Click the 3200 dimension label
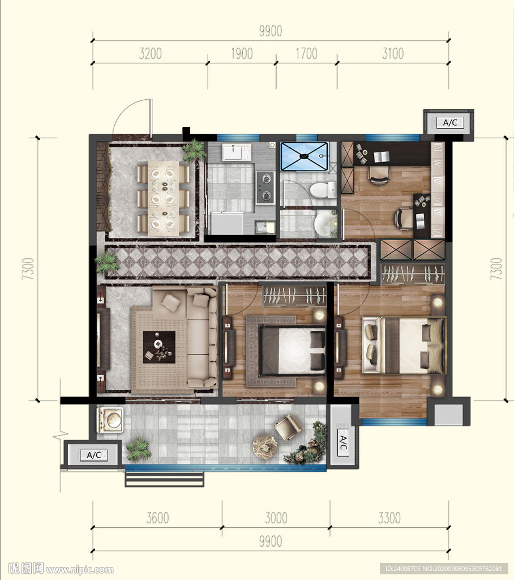click(150, 54)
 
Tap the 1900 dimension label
click(242, 54)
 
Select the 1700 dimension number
click(306, 54)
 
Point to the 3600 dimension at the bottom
click(157, 518)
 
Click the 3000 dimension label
click(276, 518)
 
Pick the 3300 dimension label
click(389, 518)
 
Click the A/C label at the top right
click(449, 123)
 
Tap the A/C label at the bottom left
click(94, 455)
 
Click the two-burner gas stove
click(265, 187)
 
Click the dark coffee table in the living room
click(159, 347)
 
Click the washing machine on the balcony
click(110, 420)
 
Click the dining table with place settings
click(164, 198)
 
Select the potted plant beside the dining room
click(194, 151)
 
